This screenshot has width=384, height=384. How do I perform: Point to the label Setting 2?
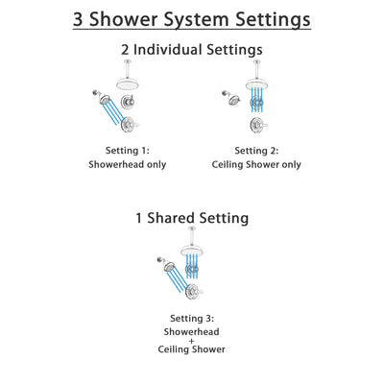tap(257, 151)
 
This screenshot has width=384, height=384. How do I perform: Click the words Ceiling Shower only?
tap(257, 164)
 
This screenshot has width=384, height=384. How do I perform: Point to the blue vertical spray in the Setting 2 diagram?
tap(258, 108)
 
